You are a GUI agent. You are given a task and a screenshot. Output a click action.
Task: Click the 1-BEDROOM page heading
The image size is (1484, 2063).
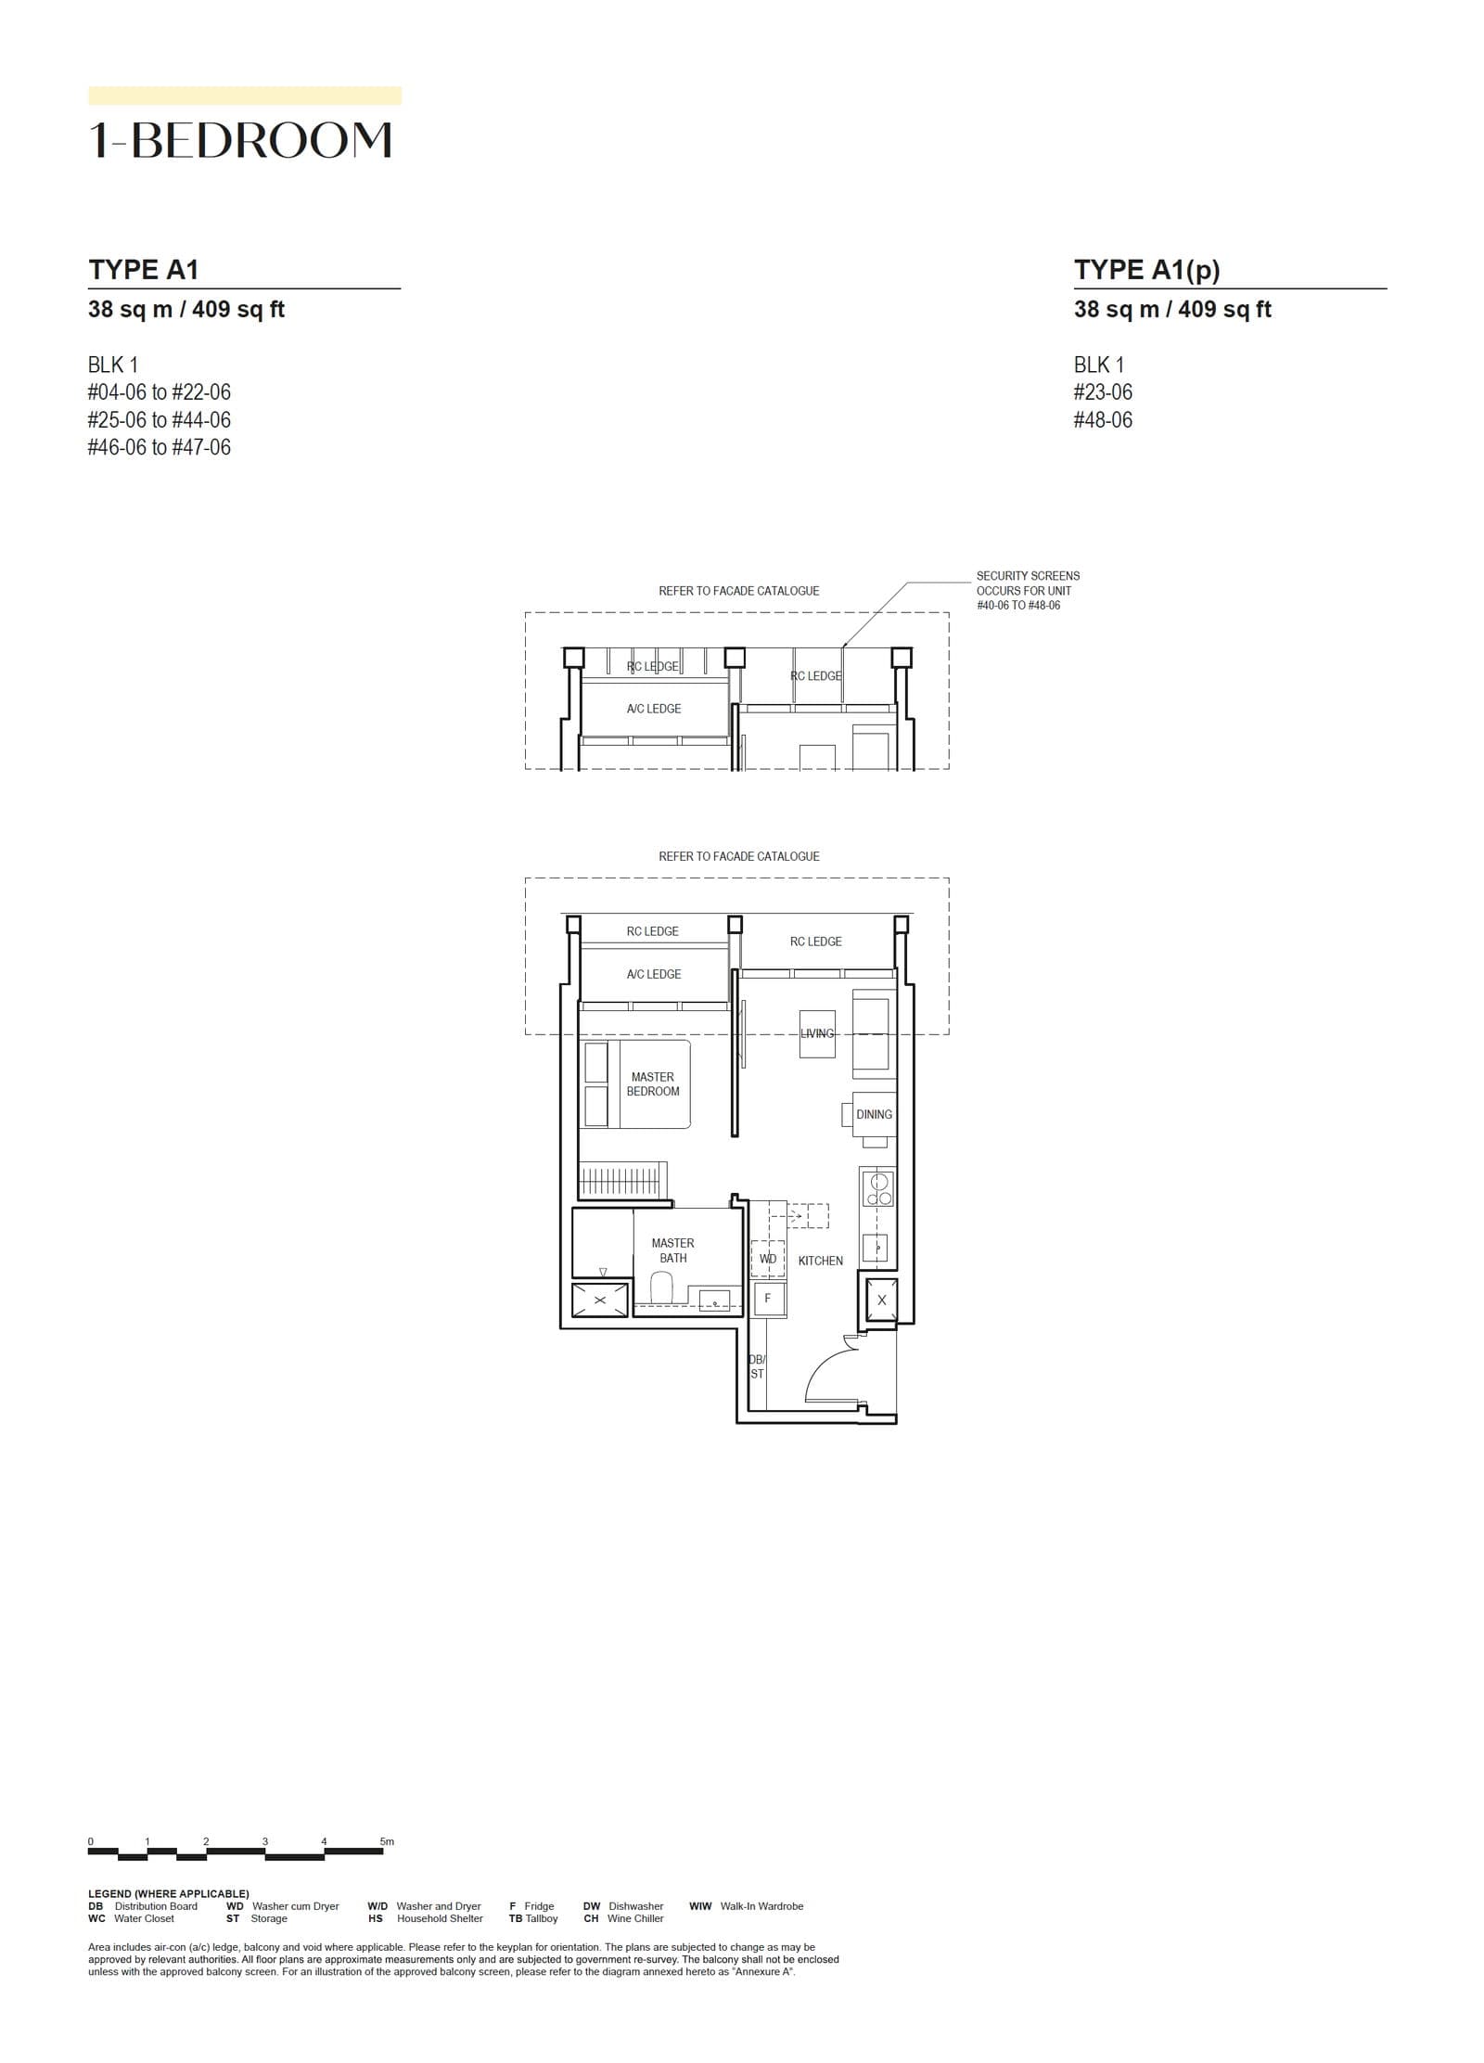[x=240, y=140]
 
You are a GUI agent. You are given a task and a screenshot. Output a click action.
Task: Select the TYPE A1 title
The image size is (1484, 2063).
[x=144, y=270]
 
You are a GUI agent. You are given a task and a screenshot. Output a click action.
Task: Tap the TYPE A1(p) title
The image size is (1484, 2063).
[x=1146, y=270]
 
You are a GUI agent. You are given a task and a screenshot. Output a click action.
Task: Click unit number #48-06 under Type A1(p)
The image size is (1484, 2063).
[x=1103, y=420]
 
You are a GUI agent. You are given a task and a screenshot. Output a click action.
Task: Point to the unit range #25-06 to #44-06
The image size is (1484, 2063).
[x=159, y=420]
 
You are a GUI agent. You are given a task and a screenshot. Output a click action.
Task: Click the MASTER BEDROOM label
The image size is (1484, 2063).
[x=652, y=1084]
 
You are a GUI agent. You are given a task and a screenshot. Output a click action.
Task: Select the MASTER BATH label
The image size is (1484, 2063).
[x=672, y=1250]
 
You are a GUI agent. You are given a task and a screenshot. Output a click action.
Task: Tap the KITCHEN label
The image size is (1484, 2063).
[x=820, y=1261]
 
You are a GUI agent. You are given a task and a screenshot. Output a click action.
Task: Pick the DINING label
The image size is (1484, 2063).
[x=874, y=1114]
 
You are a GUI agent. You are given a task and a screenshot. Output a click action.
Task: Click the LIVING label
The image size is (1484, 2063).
[x=817, y=1033]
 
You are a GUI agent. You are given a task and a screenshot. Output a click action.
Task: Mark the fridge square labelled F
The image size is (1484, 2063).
[x=768, y=1299]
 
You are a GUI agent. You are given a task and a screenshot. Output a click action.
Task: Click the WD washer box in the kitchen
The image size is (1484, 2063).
[x=768, y=1259]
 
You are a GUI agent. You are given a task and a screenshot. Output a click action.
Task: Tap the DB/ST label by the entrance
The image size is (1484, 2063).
[x=757, y=1366]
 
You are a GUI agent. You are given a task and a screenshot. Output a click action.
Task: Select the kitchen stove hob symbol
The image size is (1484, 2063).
[x=877, y=1188]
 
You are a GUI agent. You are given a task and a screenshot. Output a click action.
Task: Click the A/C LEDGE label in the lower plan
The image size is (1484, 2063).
[x=653, y=974]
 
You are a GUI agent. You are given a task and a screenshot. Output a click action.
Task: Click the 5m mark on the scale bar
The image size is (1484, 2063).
[x=386, y=1841]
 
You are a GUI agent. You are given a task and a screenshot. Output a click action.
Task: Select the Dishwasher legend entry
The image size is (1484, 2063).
[x=635, y=1906]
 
